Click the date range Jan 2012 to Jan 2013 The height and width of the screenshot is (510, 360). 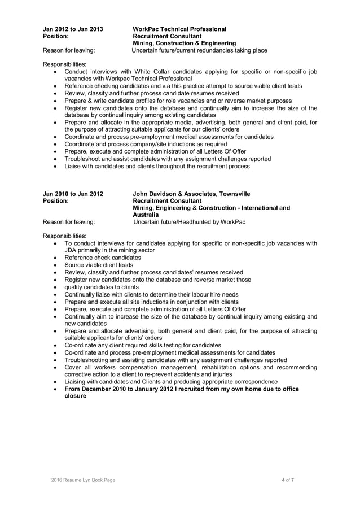73,29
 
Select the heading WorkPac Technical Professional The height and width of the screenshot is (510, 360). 179,29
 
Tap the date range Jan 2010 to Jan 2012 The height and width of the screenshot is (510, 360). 73,194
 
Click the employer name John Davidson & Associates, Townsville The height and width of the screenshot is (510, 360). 192,194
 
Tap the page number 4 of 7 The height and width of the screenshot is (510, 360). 288,480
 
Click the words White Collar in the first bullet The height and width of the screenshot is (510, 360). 152,73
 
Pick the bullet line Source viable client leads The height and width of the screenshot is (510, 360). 99,265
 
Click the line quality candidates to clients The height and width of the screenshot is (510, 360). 102,287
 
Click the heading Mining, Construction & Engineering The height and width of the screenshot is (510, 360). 184,43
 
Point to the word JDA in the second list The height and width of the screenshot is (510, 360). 72,250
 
